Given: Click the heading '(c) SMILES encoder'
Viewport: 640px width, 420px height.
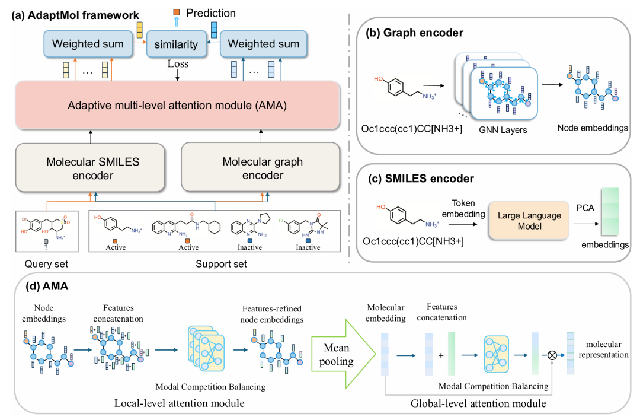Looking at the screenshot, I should (x=424, y=177).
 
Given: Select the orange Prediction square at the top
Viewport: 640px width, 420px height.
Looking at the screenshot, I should (x=176, y=12).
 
